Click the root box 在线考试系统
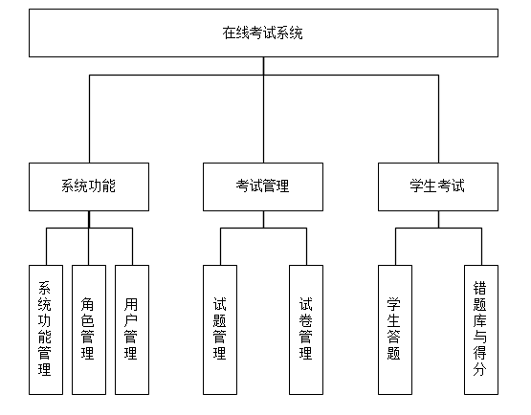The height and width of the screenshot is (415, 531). tap(263, 33)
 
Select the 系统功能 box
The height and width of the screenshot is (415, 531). tap(89, 186)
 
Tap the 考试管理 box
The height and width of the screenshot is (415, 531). tap(263, 186)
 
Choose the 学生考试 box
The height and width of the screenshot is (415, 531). tap(438, 186)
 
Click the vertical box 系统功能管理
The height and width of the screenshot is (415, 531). tap(46, 330)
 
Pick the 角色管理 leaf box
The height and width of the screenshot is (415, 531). tap(89, 330)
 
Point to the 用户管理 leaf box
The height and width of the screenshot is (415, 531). tap(132, 330)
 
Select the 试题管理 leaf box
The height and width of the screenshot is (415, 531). tap(220, 330)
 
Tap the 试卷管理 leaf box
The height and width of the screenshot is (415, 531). tap(306, 330)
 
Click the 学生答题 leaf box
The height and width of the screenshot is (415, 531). tap(395, 330)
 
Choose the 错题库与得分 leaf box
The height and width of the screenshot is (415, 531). tap(481, 330)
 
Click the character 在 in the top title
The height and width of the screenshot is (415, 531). tap(229, 33)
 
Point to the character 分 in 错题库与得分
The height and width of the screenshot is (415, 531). tap(480, 369)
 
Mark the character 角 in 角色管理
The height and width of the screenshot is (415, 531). tap(87, 304)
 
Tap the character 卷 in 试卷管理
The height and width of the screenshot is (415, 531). tap(305, 320)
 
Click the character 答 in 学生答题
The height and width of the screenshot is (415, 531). tap(393, 337)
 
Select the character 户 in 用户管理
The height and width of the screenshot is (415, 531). tap(130, 320)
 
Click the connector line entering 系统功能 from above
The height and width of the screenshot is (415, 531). tap(89, 119)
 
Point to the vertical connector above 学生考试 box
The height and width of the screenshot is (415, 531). tap(439, 119)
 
